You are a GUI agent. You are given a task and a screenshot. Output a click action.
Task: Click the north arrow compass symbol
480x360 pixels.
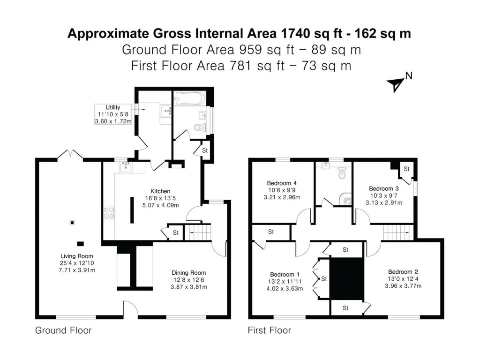pyautogui.click(x=395, y=83)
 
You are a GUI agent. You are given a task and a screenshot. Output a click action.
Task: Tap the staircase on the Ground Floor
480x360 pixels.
pyautogui.click(x=196, y=232)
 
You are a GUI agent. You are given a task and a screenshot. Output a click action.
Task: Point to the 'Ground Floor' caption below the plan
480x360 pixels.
pyautogui.click(x=63, y=330)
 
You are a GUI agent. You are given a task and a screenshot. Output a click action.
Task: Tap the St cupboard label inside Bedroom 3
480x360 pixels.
pyautogui.click(x=406, y=168)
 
